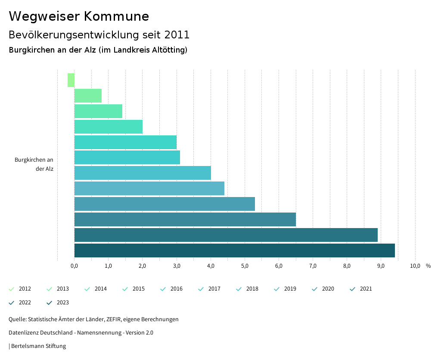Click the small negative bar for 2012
71,80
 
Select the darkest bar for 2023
234,250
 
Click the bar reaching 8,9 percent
226,235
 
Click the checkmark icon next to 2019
277,289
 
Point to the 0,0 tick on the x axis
74,266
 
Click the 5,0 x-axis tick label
245,266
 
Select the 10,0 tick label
415,266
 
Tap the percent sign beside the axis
428,266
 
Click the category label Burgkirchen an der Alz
34,164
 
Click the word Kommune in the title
116,16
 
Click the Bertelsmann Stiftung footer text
38,346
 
